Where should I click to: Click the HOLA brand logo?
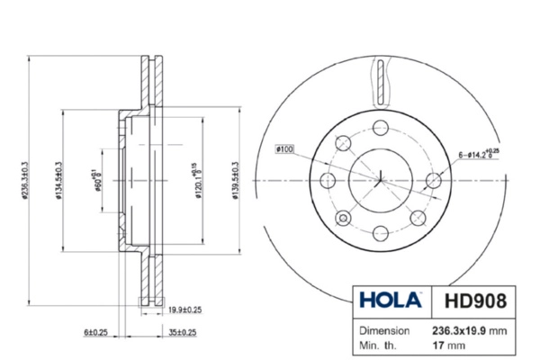388,299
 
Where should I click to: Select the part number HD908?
473,299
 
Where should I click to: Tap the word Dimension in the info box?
385,329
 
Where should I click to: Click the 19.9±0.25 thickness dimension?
184,311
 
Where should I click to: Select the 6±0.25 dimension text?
96,333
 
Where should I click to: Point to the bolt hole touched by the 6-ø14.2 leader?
434,181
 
